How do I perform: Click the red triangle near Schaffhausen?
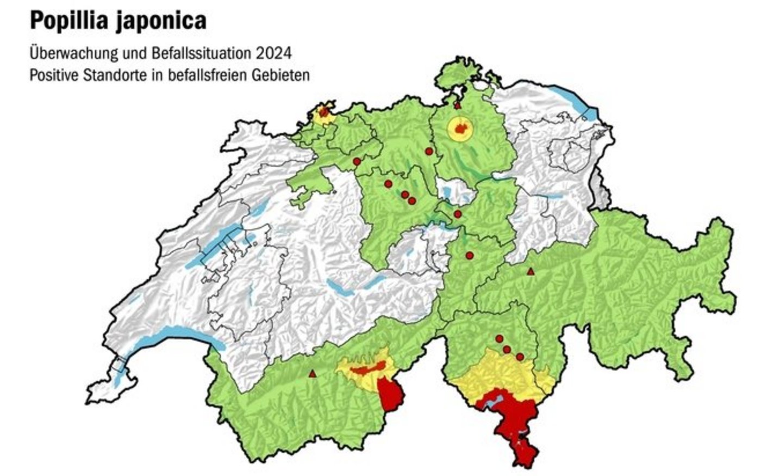pos(457,106)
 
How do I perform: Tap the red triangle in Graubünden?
pos(531,271)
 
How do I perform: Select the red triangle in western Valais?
pos(312,374)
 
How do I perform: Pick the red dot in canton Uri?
pos(470,255)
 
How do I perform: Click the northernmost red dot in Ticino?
pos(499,338)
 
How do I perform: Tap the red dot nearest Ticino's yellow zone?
pos(520,356)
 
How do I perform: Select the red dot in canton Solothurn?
pos(357,162)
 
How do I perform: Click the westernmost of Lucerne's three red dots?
pos(388,183)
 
